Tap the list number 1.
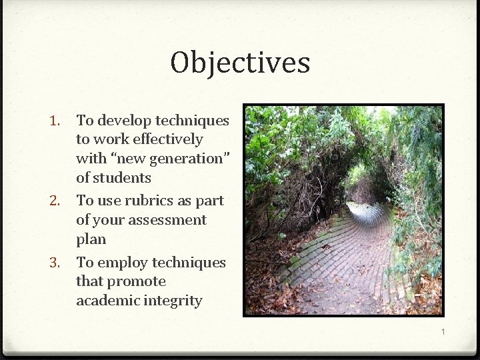click(x=56, y=121)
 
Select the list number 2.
click(x=56, y=201)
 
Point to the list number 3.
click(x=56, y=263)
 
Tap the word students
click(x=123, y=178)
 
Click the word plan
click(x=91, y=239)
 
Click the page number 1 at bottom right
click(x=441, y=331)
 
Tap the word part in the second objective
click(x=210, y=201)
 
